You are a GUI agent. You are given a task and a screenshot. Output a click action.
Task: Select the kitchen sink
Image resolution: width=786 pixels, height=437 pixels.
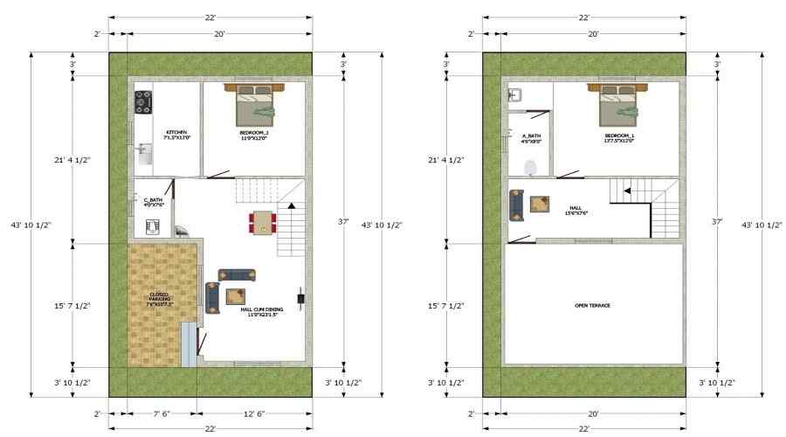143,154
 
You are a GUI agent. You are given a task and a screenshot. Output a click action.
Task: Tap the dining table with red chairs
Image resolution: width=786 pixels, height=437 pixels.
261,222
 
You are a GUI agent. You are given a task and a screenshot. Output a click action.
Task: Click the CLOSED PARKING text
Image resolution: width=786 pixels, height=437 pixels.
160,299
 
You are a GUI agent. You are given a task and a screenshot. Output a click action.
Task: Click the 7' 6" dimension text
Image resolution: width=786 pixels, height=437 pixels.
162,413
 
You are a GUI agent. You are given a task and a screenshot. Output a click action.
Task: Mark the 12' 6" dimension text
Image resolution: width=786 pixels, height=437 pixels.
255,413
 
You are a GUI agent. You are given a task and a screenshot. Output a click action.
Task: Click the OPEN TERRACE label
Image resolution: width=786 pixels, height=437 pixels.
592,305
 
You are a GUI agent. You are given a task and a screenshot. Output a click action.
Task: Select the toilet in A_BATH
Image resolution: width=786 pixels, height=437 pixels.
529,167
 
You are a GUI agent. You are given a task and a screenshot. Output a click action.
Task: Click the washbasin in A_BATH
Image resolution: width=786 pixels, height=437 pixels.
514,95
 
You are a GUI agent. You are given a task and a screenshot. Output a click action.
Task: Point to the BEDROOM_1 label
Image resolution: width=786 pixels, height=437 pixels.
619,138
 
